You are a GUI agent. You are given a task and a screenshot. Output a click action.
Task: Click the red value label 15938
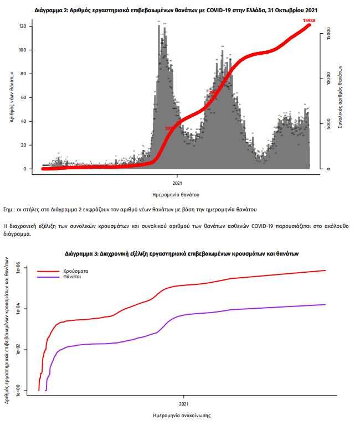[x=309, y=20]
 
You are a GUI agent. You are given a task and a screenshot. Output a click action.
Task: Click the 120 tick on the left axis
[x=23, y=27]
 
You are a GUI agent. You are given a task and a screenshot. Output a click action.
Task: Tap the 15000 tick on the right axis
[x=328, y=32]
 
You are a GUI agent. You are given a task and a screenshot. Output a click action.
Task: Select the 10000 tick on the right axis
[x=328, y=78]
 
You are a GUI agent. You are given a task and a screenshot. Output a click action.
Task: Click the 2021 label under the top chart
[x=177, y=183]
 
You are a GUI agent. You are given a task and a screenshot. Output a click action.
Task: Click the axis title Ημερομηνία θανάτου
[x=176, y=195]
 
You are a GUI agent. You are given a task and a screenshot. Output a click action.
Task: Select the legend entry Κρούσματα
[x=75, y=271]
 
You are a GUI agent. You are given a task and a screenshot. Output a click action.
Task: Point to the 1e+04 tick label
[x=18, y=308]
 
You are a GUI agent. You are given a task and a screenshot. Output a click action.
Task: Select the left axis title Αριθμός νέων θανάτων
[x=11, y=98]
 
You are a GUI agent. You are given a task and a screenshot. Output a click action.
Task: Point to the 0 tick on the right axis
[x=328, y=169]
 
